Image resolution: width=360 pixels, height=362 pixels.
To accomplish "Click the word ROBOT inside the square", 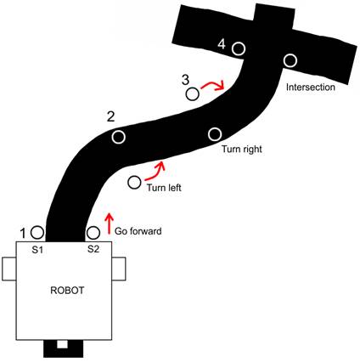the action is pyautogui.click(x=67, y=291).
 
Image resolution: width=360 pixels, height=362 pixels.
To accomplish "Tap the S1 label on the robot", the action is pyautogui.click(x=37, y=250).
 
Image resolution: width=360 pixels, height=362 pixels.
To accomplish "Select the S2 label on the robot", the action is pyautogui.click(x=93, y=249).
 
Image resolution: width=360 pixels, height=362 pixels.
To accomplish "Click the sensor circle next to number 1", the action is pyautogui.click(x=37, y=233).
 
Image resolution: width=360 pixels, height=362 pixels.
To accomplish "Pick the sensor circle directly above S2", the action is pyautogui.click(x=93, y=233).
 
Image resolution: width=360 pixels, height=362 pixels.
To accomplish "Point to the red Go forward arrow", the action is pyautogui.click(x=110, y=223).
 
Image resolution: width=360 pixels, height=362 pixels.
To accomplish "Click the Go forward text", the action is pyautogui.click(x=138, y=231).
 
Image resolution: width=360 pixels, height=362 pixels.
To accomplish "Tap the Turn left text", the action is pyautogui.click(x=164, y=188).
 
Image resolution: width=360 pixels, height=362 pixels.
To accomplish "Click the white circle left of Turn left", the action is pyautogui.click(x=134, y=183).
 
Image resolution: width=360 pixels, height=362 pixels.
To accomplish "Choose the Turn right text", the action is pyautogui.click(x=242, y=149).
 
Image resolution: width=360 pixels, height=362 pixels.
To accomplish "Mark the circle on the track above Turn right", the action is pyautogui.click(x=215, y=134).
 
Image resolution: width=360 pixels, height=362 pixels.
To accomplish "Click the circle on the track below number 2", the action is pyautogui.click(x=119, y=137).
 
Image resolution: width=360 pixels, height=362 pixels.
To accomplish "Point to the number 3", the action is pyautogui.click(x=185, y=80).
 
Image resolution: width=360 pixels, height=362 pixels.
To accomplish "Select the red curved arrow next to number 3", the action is pyautogui.click(x=213, y=85).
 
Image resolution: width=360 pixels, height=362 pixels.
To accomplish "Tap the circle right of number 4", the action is pyautogui.click(x=239, y=48).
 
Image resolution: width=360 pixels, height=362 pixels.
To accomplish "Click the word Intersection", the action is pyautogui.click(x=311, y=87).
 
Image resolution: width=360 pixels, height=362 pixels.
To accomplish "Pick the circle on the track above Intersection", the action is pyautogui.click(x=290, y=60).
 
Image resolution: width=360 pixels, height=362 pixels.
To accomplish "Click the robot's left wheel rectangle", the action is pyautogui.click(x=9, y=269).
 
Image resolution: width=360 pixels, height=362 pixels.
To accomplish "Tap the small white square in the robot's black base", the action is pyautogui.click(x=62, y=344).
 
